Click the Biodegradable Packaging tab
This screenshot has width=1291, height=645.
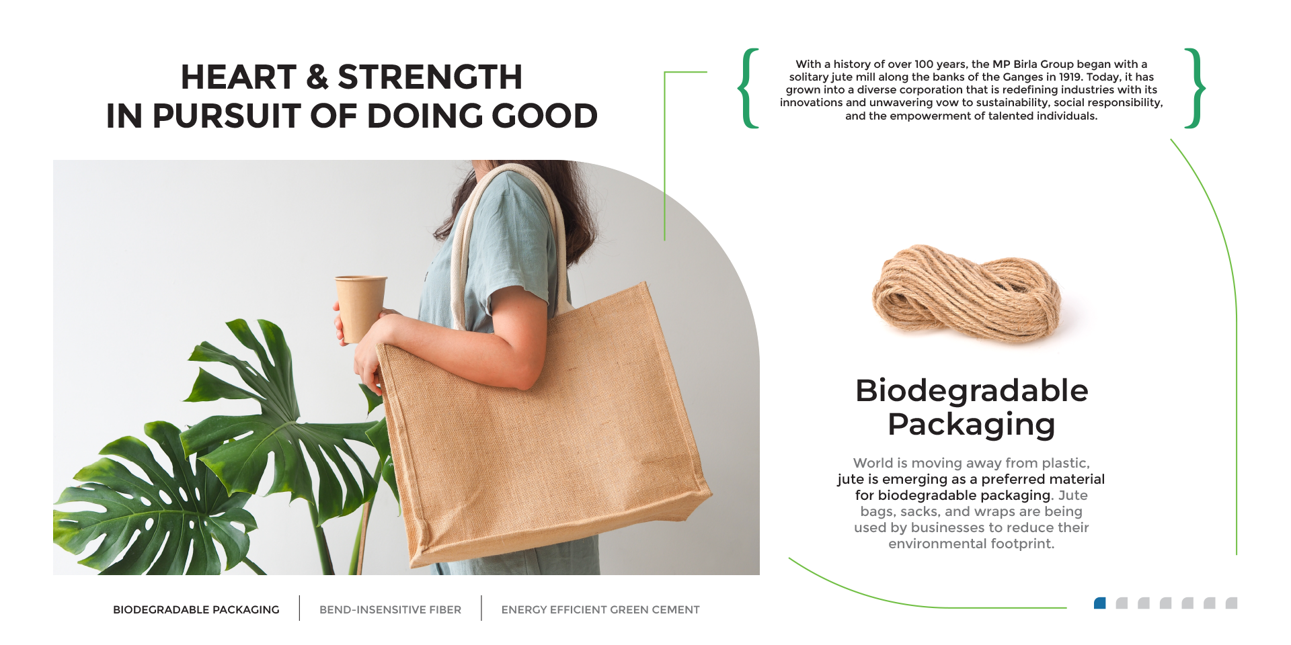tap(196, 609)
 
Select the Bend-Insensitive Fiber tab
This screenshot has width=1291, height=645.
tap(390, 609)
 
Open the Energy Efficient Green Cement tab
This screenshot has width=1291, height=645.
tap(600, 609)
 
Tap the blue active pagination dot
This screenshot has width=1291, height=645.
tap(1100, 603)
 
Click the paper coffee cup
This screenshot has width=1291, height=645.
tap(360, 308)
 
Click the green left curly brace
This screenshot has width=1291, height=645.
tap(748, 88)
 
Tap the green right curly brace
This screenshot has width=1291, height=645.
tap(1194, 88)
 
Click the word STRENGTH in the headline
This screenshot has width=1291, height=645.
tap(430, 77)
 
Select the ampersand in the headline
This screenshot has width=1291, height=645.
tap(317, 77)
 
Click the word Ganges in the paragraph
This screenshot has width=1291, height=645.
tap(1023, 77)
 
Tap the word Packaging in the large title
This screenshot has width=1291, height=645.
tap(972, 425)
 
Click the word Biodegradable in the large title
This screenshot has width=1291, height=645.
tap(972, 390)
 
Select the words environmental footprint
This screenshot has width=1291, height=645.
tap(972, 544)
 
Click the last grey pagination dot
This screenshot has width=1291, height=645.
tap(1231, 603)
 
